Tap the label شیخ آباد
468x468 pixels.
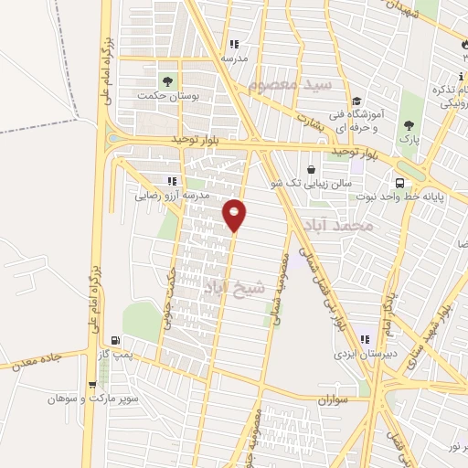coord(233,287)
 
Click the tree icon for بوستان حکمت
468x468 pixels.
coord(166,78)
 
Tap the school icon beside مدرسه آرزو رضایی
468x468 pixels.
coord(170,180)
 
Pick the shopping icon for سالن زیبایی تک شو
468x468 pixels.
coord(313,168)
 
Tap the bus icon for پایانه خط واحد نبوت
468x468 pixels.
coord(399,180)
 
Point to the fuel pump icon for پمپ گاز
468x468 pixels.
coord(115,339)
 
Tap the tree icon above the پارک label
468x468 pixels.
coord(409,124)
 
